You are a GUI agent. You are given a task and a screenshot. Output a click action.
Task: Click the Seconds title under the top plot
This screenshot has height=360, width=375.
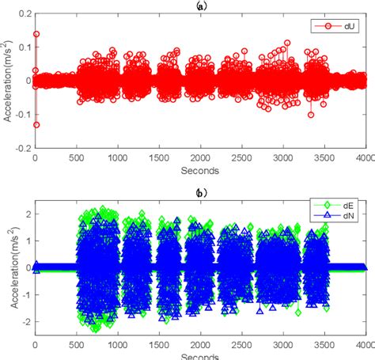click(199, 169)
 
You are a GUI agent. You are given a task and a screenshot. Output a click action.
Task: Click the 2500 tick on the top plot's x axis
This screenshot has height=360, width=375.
click(241, 157)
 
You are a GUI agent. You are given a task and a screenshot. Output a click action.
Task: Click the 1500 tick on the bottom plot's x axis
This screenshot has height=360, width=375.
click(158, 344)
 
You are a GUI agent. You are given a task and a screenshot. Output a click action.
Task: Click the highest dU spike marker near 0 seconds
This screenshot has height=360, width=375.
click(36, 35)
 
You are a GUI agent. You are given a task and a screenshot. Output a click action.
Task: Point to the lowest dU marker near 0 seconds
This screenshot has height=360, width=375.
click(36, 124)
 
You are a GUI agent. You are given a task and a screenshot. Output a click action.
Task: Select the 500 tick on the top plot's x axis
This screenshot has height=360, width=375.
click(76, 157)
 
